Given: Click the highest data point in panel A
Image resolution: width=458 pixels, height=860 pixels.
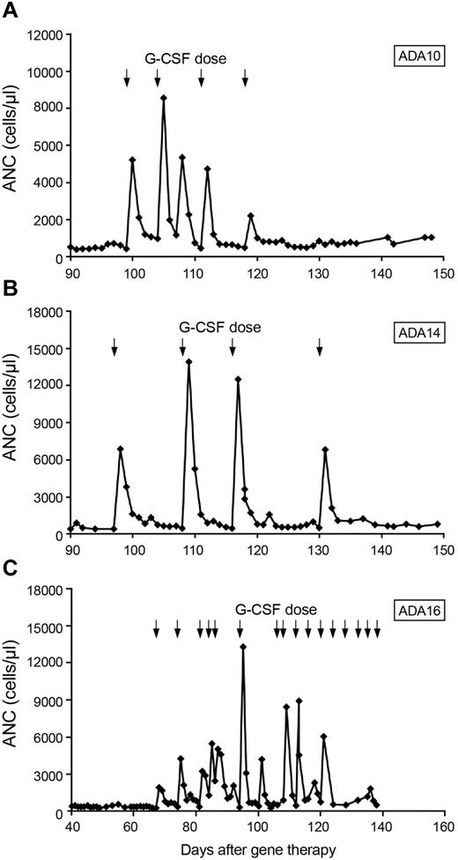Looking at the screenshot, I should pos(164,98).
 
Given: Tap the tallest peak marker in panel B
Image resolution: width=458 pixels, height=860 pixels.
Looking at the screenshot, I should pos(188,362).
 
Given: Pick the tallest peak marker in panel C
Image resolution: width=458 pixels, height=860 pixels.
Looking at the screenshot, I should pos(243,647).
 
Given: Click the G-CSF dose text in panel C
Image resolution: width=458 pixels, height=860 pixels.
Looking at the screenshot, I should pos(276,609).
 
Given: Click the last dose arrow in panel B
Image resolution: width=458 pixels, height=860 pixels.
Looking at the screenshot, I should pos(320,348).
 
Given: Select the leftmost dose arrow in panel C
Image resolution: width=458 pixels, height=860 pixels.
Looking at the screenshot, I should pos(156,627).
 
